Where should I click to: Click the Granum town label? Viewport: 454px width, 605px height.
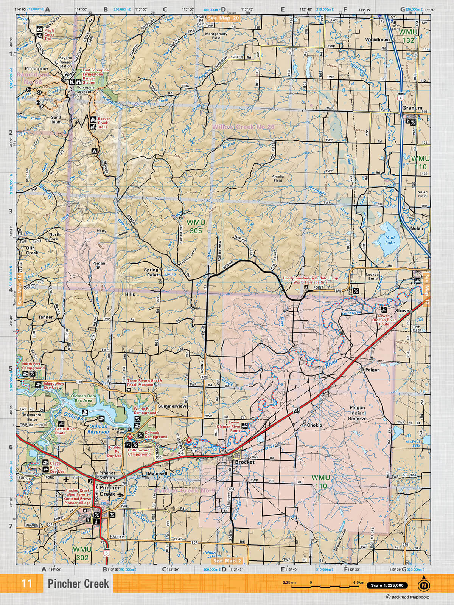point(412,108)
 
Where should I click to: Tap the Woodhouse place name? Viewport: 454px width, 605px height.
point(378,40)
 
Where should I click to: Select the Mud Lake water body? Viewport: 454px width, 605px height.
point(390,240)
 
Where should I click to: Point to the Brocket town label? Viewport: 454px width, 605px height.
point(245,462)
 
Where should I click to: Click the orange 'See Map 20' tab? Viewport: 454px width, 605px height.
point(223,18)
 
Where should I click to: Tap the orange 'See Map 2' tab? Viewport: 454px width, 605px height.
point(227,561)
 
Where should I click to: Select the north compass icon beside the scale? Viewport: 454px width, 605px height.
point(423,585)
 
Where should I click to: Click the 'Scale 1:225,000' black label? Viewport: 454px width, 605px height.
point(387,585)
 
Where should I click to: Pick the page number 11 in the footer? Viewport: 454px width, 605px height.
point(26,583)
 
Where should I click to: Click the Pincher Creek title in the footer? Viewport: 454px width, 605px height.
point(78,584)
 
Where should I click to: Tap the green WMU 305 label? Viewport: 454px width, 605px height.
point(196,226)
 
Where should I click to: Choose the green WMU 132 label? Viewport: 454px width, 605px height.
point(409,36)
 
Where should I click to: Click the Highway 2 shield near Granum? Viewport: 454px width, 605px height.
point(400,97)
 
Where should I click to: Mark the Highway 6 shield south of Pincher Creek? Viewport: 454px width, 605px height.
point(107,552)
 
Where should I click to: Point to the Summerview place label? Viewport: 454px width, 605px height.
point(172,406)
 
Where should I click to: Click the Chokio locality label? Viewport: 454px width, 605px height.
point(314,425)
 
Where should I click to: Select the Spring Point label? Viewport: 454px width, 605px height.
point(151,272)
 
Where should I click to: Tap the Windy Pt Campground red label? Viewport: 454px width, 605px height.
point(145,411)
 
